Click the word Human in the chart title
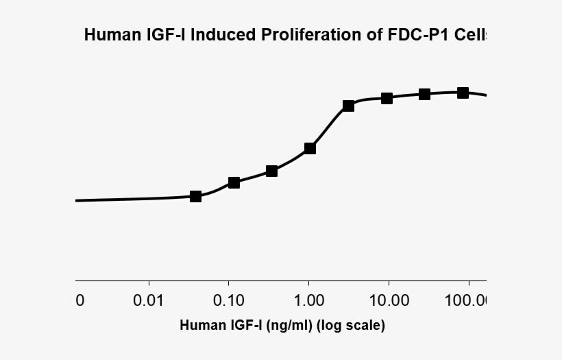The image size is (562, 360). (x=110, y=35)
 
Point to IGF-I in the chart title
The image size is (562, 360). (x=162, y=35)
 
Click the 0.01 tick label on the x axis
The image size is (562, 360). (x=149, y=300)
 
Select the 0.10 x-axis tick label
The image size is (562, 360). (x=229, y=300)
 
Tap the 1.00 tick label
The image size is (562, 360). (x=309, y=300)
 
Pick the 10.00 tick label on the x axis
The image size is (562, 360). (x=389, y=300)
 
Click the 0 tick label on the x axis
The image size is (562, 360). (x=80, y=300)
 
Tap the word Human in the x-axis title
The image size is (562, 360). (x=199, y=325)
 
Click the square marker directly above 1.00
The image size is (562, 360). (x=310, y=148)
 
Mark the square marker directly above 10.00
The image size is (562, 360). (x=387, y=98)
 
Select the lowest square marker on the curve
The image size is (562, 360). (x=195, y=196)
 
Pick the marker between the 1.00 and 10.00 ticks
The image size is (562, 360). (x=348, y=106)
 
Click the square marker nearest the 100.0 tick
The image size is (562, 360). (x=463, y=93)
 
